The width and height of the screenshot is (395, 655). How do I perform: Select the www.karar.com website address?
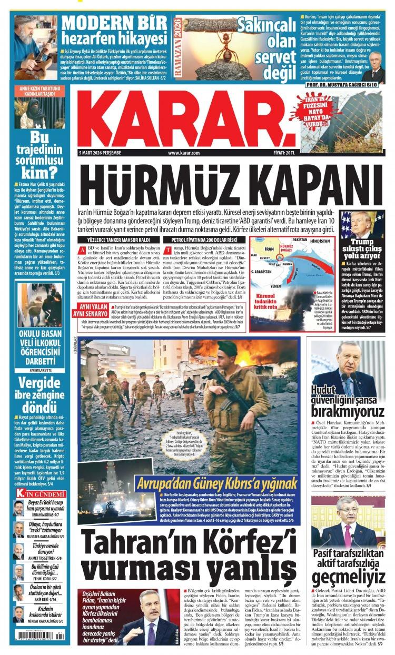(184, 153)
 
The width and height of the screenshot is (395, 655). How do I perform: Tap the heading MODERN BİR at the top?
(114, 23)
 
